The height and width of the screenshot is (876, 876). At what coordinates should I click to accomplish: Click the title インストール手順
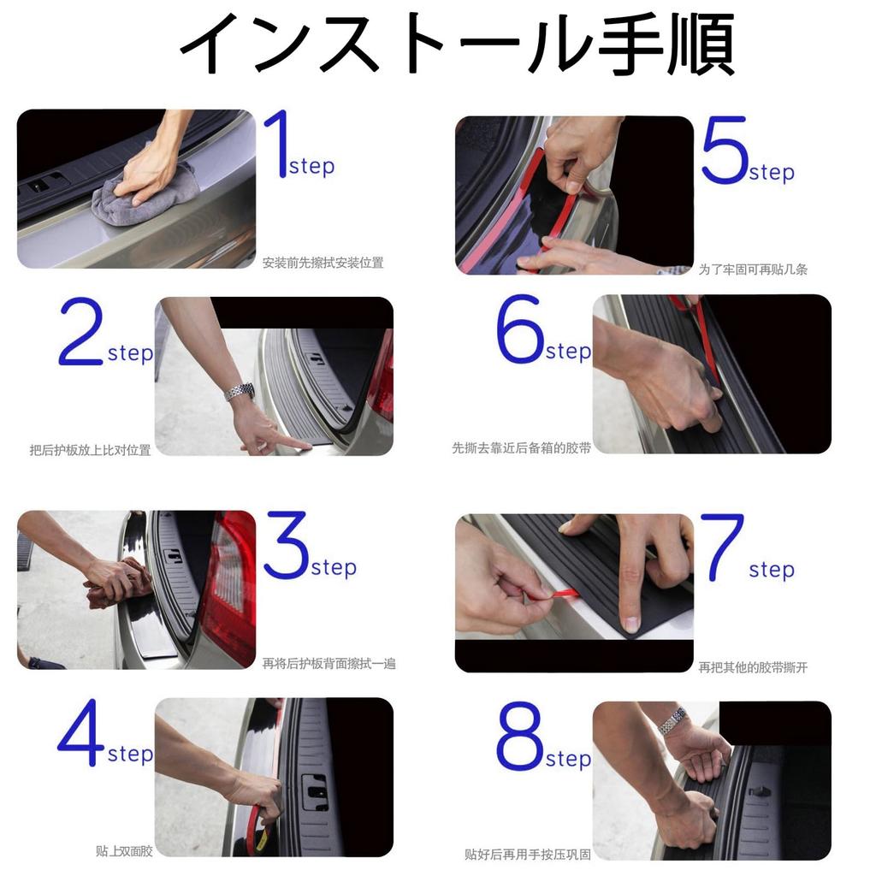[457, 44]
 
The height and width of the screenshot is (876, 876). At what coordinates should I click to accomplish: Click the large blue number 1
[275, 145]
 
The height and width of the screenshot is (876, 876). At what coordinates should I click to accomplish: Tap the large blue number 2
[80, 334]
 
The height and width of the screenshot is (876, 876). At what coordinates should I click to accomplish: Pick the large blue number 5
[724, 151]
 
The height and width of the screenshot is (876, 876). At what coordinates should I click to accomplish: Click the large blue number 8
[519, 737]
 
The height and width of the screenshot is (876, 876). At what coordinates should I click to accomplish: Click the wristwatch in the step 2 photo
[240, 392]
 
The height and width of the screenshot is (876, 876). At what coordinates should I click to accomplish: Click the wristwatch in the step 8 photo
[672, 720]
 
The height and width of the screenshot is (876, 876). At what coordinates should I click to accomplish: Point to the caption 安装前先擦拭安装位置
[323, 263]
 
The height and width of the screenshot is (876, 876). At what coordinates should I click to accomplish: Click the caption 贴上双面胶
[124, 851]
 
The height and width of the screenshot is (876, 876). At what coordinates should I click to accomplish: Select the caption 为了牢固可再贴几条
[753, 269]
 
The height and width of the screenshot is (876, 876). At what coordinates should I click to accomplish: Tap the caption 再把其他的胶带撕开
[753, 667]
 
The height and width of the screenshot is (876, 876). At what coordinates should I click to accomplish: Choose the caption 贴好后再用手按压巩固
[527, 854]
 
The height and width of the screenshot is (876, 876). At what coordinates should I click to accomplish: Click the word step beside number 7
[772, 570]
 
